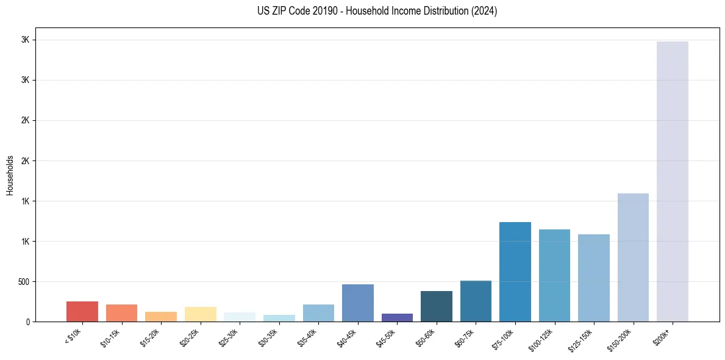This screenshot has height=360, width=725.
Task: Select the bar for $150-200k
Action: tap(633, 257)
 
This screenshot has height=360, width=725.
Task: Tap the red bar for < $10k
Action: tap(82, 311)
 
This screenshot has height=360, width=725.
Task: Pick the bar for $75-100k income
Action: tap(515, 272)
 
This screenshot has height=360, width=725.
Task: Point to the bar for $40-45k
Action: tap(357, 303)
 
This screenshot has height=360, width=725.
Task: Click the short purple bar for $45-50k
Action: tap(397, 317)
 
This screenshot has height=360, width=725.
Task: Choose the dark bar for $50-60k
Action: tap(436, 306)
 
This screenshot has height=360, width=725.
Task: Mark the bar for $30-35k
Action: tap(279, 318)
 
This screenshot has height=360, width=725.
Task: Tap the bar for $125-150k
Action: tap(593, 278)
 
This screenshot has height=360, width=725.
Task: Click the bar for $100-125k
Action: tap(554, 275)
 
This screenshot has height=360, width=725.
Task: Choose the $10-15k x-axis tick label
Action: tap(111, 337)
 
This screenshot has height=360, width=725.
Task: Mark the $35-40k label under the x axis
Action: tap(308, 337)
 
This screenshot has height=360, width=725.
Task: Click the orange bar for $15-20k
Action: tap(161, 317)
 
